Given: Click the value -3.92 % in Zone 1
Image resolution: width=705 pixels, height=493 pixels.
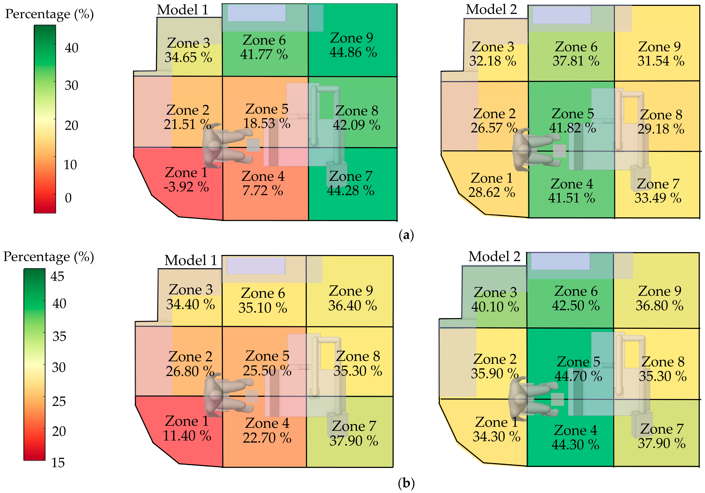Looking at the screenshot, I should point(186,187).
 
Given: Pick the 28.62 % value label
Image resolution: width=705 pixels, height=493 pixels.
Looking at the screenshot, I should point(492,192).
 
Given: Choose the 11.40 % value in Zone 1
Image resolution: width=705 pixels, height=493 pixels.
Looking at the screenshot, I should point(187,436).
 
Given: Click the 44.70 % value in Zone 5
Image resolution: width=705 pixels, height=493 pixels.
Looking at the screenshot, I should point(578,376).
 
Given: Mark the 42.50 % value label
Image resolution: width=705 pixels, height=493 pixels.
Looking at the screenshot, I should point(576,306).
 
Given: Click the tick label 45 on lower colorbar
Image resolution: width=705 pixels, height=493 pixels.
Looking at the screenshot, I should point(57,276).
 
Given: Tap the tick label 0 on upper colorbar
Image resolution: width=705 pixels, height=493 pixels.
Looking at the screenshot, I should point(68,198).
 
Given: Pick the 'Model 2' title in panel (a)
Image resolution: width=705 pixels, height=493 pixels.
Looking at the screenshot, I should point(491,10).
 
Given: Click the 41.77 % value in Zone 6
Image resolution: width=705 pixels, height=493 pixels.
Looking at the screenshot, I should point(264,55).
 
